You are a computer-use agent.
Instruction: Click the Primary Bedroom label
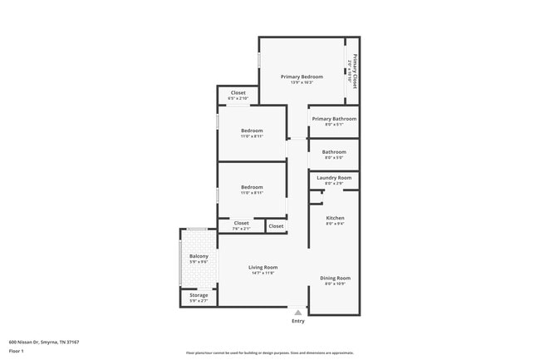pyautogui.click(x=301, y=76)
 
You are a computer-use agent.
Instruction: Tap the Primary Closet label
pyautogui.click(x=355, y=72)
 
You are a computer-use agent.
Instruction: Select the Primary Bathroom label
pyautogui.click(x=334, y=119)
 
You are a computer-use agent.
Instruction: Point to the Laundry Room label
pyautogui.click(x=334, y=177)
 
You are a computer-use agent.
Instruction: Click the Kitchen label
pyautogui.click(x=335, y=218)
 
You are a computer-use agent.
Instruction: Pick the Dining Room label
pyautogui.click(x=336, y=278)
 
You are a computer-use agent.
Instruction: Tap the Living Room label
pyautogui.click(x=263, y=267)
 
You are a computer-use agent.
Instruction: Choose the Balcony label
pyautogui.click(x=199, y=256)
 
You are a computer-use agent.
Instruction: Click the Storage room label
pyautogui.click(x=199, y=295)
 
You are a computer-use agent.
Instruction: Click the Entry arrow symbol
pyautogui.click(x=298, y=312)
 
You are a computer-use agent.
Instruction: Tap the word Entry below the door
pyautogui.click(x=298, y=321)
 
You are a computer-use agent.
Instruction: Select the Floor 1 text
pyautogui.click(x=17, y=350)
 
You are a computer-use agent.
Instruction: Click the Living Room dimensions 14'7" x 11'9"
pyautogui.click(x=263, y=273)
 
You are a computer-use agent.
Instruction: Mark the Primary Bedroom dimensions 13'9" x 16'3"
pyautogui.click(x=301, y=82)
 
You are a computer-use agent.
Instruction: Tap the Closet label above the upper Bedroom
pyautogui.click(x=238, y=92)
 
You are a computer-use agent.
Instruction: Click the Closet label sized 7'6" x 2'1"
pyautogui.click(x=241, y=223)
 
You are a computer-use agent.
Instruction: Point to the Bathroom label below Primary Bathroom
pyautogui.click(x=334, y=151)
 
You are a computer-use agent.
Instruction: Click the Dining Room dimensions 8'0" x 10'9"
pyautogui.click(x=336, y=284)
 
